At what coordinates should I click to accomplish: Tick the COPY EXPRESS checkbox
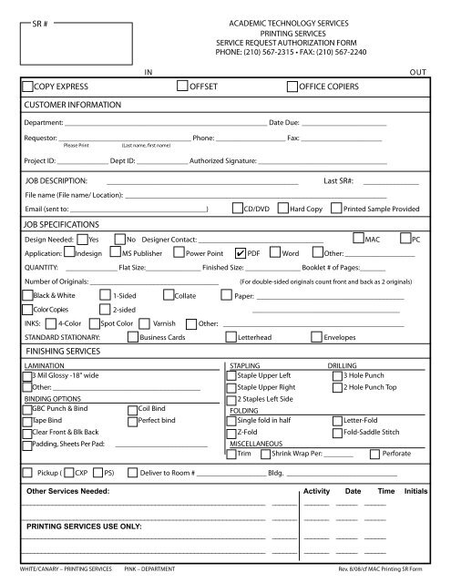coord(27,87)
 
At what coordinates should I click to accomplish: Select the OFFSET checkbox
coord(182,87)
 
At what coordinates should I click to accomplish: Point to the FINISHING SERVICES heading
coord(65,350)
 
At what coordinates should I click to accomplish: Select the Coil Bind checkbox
coord(132,409)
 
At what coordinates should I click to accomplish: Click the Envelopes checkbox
coord(316,336)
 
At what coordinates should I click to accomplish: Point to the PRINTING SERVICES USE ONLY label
coord(83,527)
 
